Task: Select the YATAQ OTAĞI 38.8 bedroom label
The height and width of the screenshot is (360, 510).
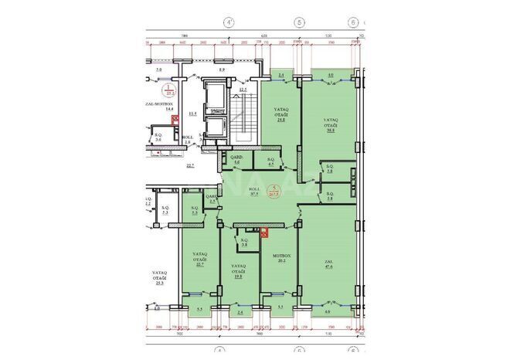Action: pos(329,126)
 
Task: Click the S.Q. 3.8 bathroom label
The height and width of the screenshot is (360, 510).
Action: pos(244,242)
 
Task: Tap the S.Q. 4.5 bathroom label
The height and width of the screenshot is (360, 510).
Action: pos(270,162)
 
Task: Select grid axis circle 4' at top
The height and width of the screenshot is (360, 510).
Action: pos(229,22)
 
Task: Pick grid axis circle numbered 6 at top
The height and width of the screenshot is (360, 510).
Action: pos(352,22)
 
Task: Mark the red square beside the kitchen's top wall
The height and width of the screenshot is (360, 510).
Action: pos(263,229)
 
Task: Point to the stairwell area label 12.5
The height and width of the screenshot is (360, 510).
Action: pos(243,90)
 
